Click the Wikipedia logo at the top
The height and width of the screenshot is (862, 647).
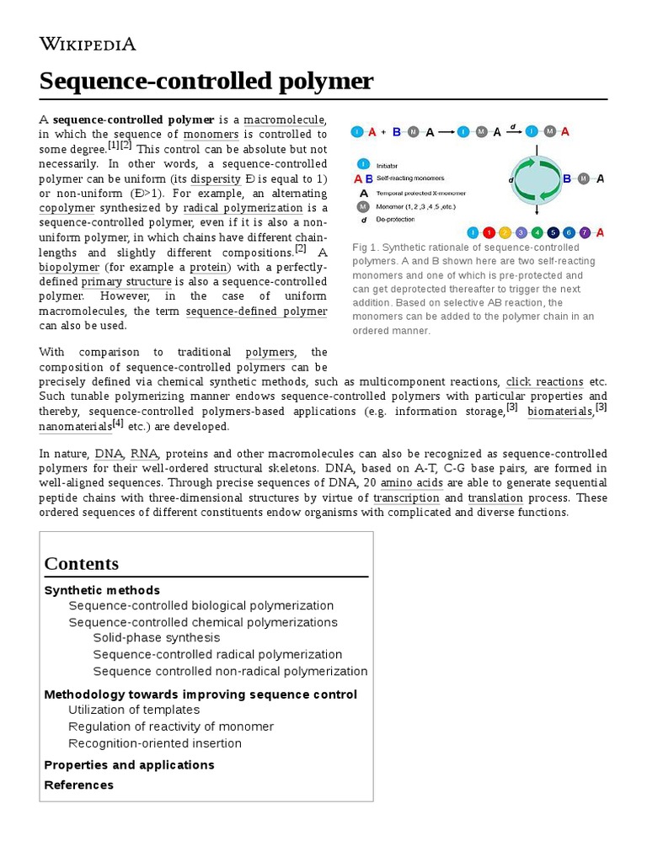pyautogui.click(x=88, y=44)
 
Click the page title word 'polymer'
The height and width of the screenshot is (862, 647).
pyautogui.click(x=320, y=82)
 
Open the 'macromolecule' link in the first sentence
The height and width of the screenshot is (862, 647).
pyautogui.click(x=285, y=120)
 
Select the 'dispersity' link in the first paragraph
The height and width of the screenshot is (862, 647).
pyautogui.click(x=216, y=178)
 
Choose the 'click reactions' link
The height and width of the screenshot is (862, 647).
pyautogui.click(x=544, y=381)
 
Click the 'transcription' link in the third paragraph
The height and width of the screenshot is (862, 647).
pyautogui.click(x=406, y=498)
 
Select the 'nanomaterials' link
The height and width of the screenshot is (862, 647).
pyautogui.click(x=75, y=427)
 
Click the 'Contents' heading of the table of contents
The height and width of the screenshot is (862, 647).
pyautogui.click(x=82, y=563)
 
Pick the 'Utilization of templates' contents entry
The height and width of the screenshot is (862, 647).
pyautogui.click(x=134, y=710)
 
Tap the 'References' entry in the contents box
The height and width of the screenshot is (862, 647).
pyautogui.click(x=78, y=785)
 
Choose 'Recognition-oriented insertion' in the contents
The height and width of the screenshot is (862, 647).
pyautogui.click(x=155, y=743)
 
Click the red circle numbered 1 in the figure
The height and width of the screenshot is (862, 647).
pyautogui.click(x=489, y=232)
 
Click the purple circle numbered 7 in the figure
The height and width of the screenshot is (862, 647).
pyautogui.click(x=585, y=232)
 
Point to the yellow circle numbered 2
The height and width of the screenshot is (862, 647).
pyautogui.click(x=505, y=232)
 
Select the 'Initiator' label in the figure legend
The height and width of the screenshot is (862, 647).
pyautogui.click(x=388, y=166)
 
